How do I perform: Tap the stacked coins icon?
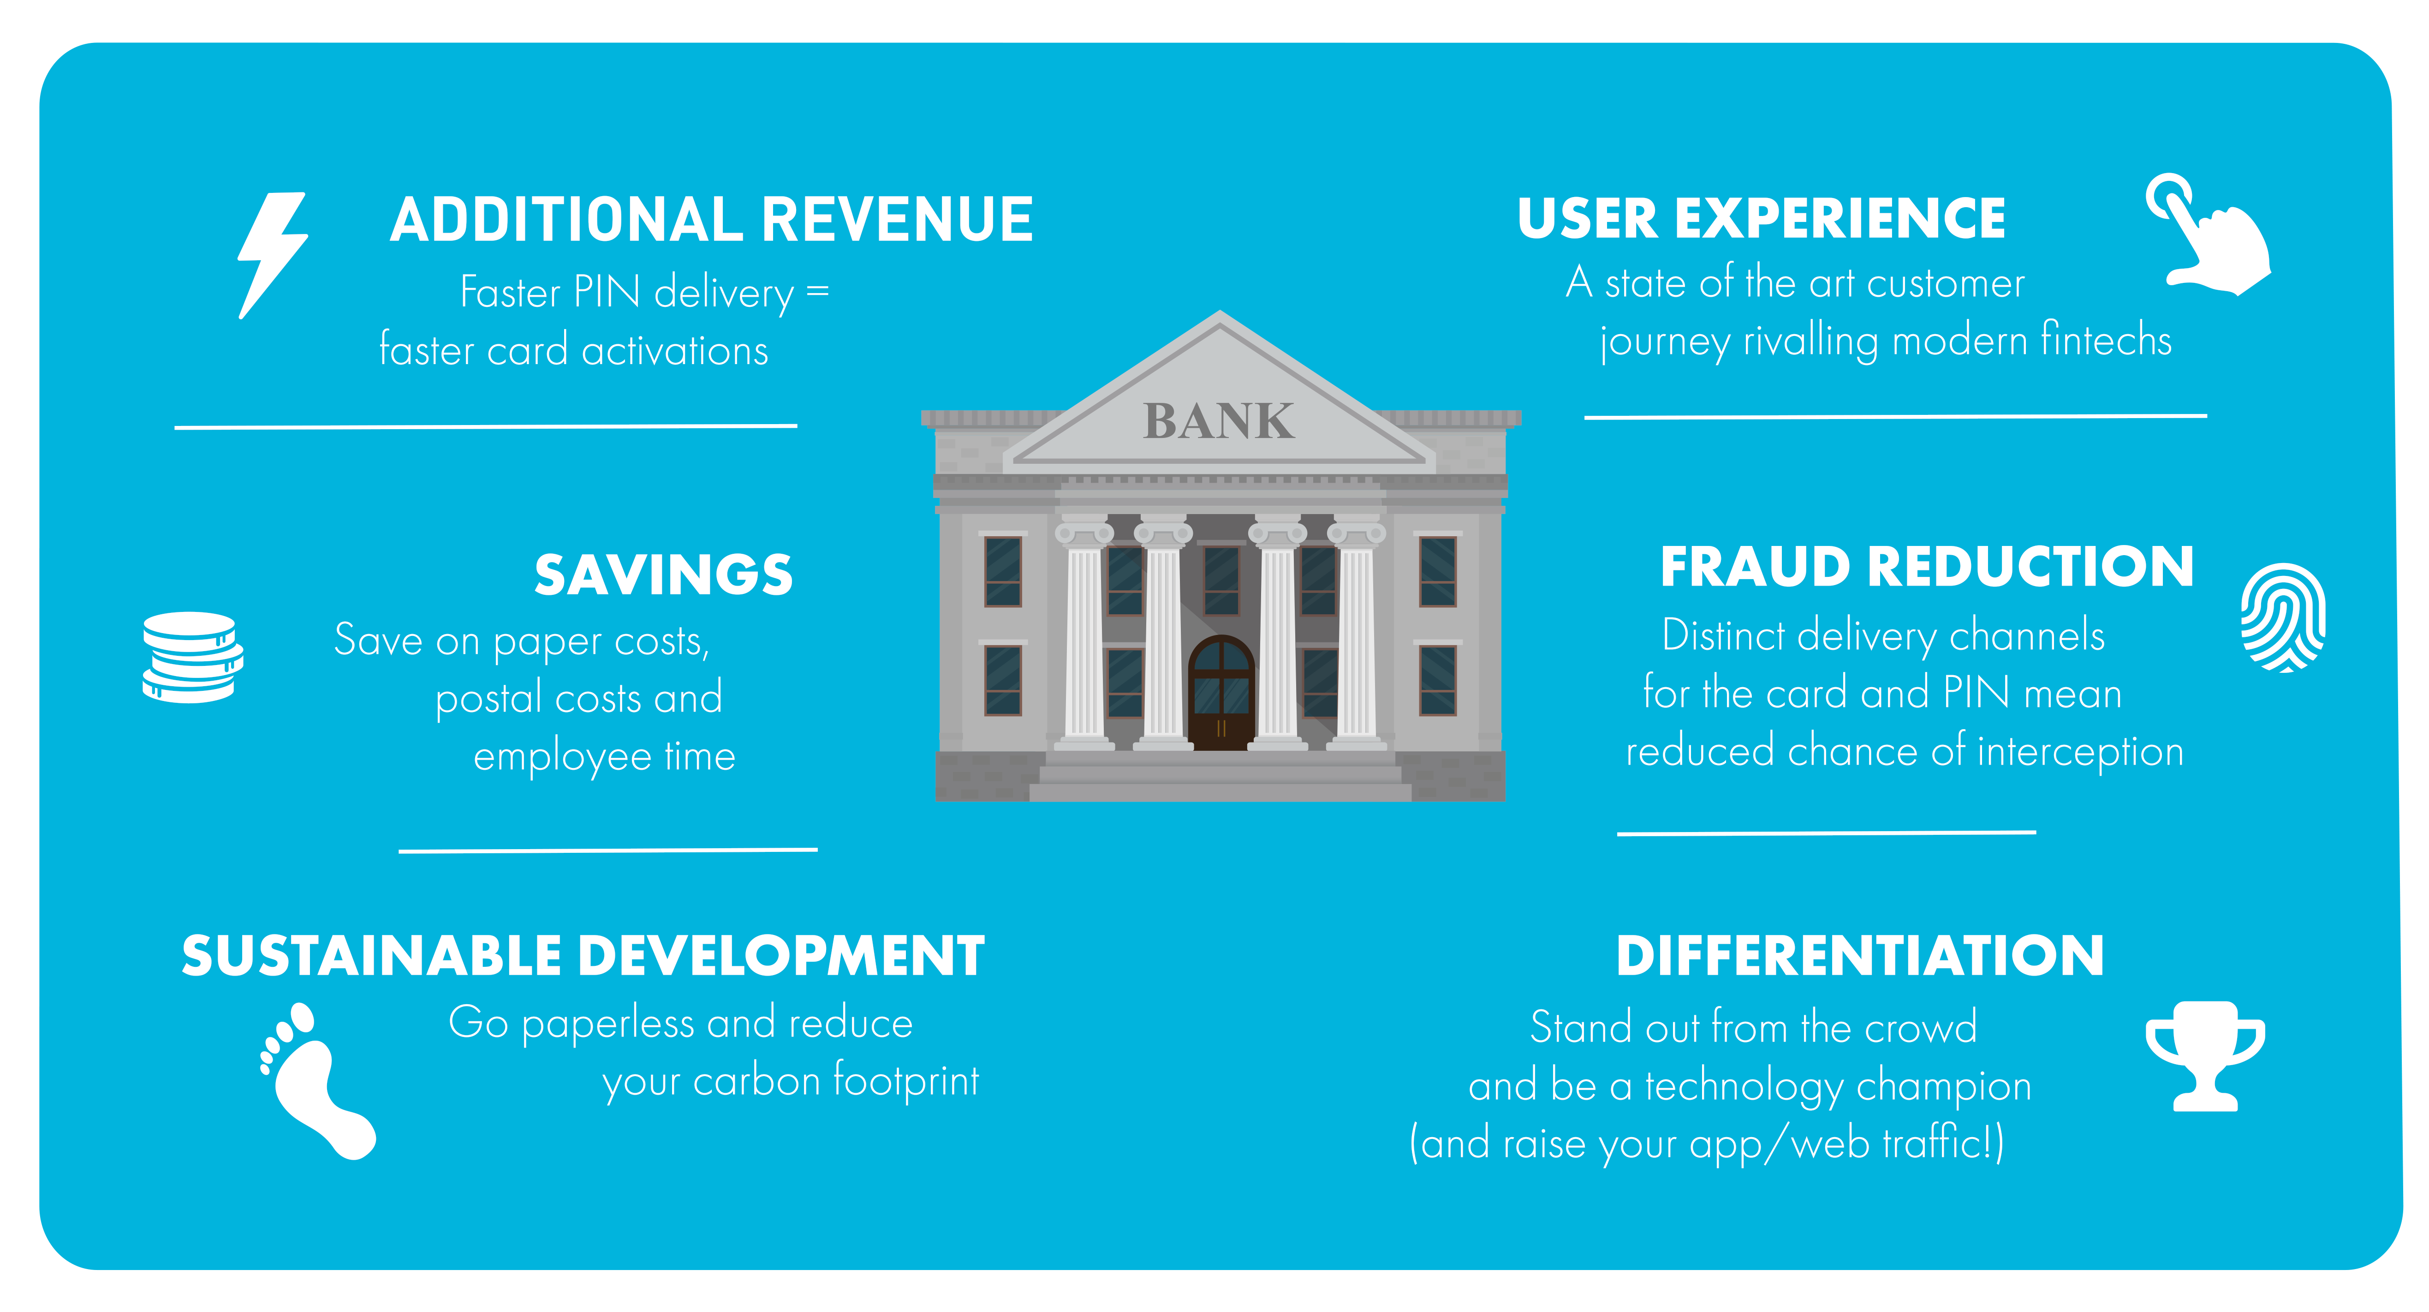[192, 658]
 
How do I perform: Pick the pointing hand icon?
[2209, 234]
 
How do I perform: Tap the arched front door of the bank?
[1221, 693]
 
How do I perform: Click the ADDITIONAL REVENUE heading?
[712, 220]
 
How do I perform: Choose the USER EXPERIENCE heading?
[1762, 219]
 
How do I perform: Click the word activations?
[675, 351]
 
